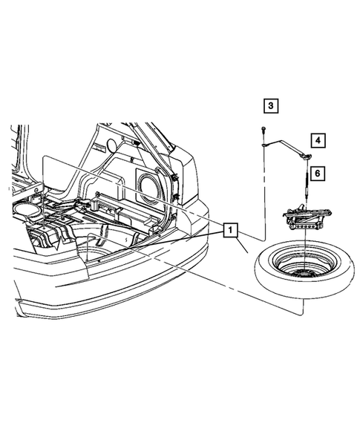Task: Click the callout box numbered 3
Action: (x=272, y=106)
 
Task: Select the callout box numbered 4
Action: (x=318, y=139)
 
